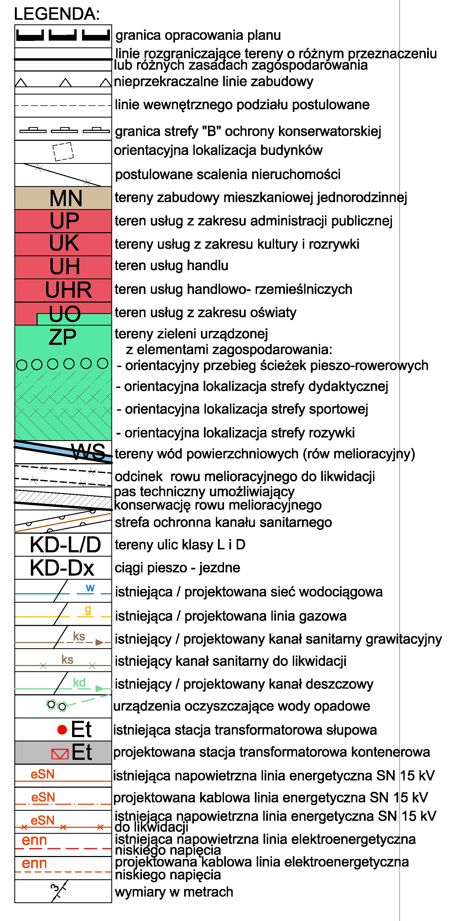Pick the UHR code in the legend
coord(68,290)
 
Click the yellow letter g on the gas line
coord(87,610)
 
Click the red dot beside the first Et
coord(62,729)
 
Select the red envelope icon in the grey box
coord(60,754)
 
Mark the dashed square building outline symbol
coord(63,152)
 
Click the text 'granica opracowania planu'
coord(198,35)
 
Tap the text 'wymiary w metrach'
coord(174,892)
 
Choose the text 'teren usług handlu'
coord(171,266)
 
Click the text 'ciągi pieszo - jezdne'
coord(177,568)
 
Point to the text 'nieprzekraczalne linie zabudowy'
coord(213,82)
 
